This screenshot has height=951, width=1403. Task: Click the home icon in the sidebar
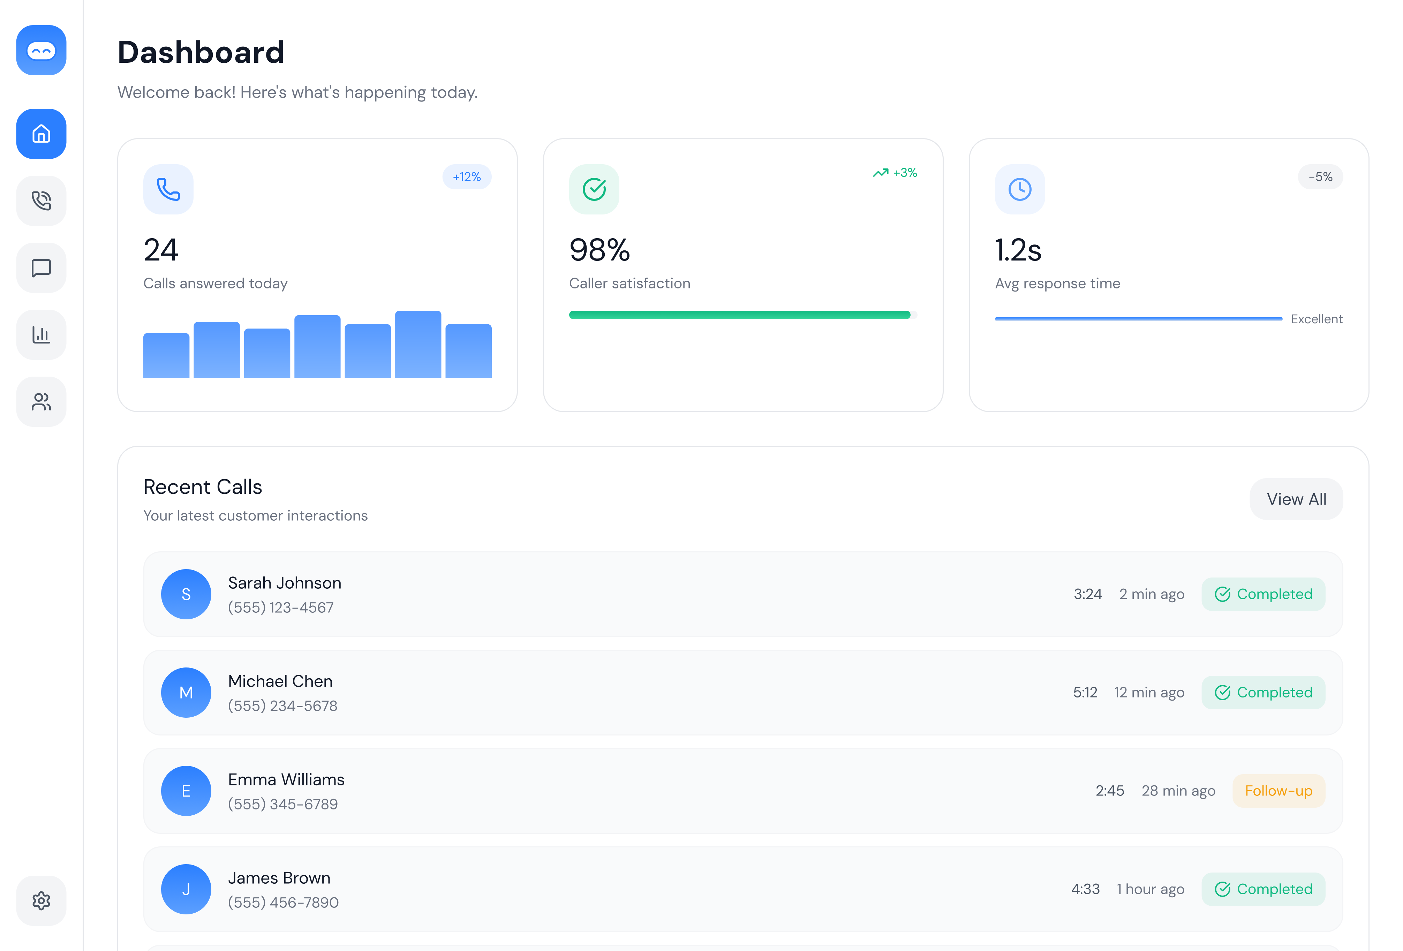tap(41, 134)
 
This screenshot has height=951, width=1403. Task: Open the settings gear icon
tap(41, 900)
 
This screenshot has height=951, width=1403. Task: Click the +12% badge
tap(467, 177)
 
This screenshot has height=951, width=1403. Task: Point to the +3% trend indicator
tap(895, 173)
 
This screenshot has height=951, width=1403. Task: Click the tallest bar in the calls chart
tap(418, 344)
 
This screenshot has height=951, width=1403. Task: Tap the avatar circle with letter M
tap(186, 693)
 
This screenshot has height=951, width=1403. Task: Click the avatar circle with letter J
tap(186, 889)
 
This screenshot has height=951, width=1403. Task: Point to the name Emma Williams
tap(286, 779)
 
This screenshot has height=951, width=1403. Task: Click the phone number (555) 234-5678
tap(282, 706)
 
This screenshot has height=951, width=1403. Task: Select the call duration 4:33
tap(1085, 889)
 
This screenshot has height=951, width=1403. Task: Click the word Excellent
tap(1316, 319)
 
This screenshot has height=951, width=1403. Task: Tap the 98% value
tap(599, 250)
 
